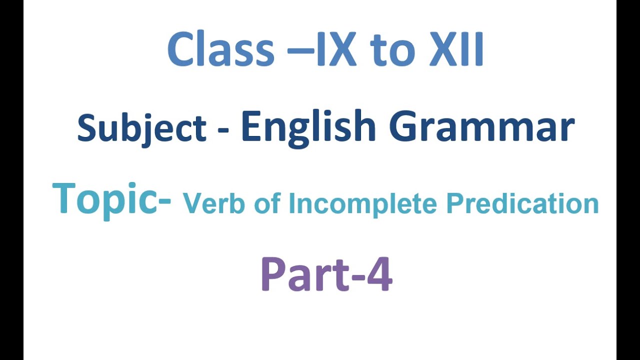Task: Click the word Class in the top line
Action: pos(220,50)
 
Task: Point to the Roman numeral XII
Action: pos(456,50)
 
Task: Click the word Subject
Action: pos(141,128)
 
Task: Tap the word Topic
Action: pos(105,199)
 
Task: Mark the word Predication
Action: pos(522,204)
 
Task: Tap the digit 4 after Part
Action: pos(379,275)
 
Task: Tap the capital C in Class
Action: pos(181,50)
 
